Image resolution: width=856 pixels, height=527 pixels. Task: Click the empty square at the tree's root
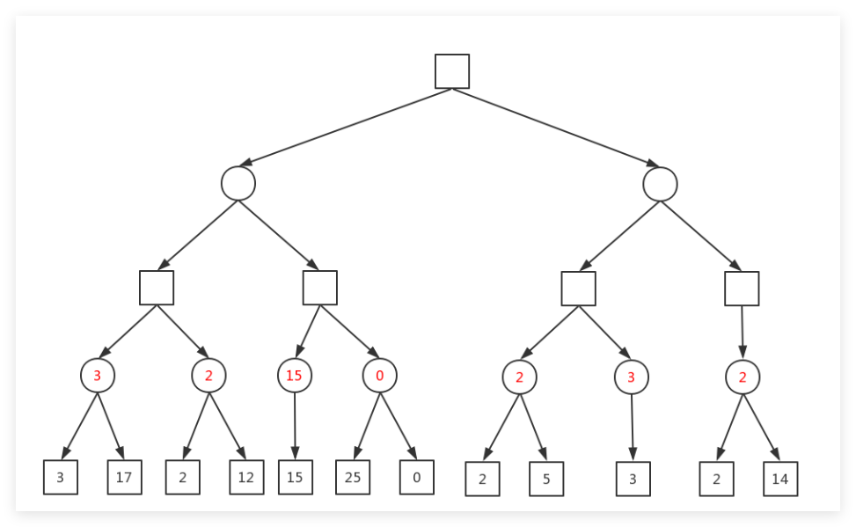[x=452, y=71]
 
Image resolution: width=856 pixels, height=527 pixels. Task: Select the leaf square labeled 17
[x=124, y=478]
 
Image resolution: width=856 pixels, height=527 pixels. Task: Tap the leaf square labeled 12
[x=246, y=478]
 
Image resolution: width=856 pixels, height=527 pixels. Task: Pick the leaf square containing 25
[x=353, y=478]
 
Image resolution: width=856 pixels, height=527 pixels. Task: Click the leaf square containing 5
[x=546, y=479]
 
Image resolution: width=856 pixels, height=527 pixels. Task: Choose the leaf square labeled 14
[x=780, y=479]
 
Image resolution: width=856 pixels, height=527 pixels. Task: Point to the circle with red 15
[x=295, y=375]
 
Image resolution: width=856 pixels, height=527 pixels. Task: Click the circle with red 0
[x=380, y=375]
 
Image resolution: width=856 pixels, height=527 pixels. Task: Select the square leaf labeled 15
[x=296, y=478]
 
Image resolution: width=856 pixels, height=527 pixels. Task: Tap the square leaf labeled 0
[x=417, y=478]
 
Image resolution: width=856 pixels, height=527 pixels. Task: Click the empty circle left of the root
[x=238, y=184]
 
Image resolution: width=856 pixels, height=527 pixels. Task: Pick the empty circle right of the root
[x=660, y=185]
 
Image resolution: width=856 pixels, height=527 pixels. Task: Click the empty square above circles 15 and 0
[x=320, y=288]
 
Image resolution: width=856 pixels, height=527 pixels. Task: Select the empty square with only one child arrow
[x=742, y=289]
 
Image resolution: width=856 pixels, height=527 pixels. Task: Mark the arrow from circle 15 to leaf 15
[x=295, y=426]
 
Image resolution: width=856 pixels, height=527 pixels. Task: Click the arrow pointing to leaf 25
[x=367, y=426]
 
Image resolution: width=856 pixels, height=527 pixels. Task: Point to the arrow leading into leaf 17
[x=111, y=426]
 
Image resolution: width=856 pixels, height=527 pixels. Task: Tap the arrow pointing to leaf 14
[x=761, y=428]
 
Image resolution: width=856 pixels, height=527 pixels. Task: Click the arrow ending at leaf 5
[x=533, y=428]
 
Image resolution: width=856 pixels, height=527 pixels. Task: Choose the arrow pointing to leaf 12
[x=228, y=426]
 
